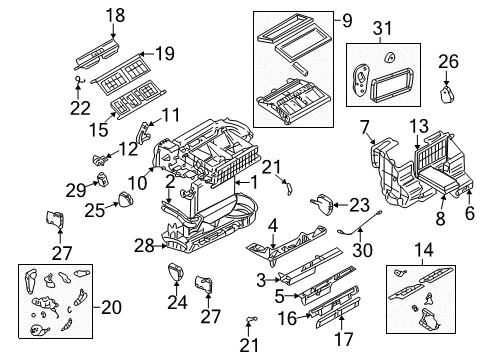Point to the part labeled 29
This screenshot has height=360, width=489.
coord(102,180)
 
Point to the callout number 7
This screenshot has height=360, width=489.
coord(365,126)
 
